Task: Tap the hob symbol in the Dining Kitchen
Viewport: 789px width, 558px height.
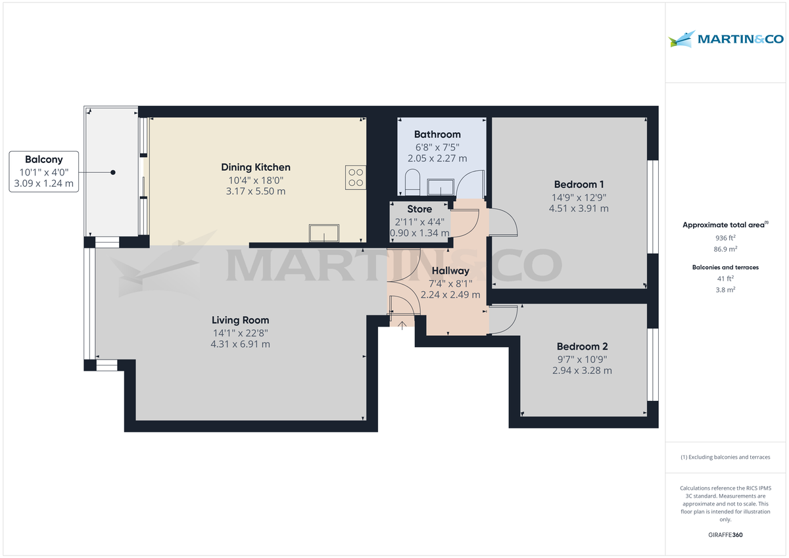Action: tap(356, 175)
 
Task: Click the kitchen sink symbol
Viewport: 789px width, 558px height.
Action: tap(324, 233)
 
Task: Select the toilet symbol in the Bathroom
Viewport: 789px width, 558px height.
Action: tap(412, 182)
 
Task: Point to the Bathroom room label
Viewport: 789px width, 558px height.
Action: tap(437, 135)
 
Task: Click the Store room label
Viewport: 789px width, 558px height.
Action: tap(419, 209)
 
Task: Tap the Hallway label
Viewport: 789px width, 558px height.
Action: tap(450, 271)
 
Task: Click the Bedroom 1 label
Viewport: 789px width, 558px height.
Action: tap(579, 185)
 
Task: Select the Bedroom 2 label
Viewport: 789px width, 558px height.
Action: tap(583, 346)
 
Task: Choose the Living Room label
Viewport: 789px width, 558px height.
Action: tap(240, 320)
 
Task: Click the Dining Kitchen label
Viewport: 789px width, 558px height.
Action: tap(256, 168)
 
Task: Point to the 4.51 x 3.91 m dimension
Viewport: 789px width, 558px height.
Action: tap(579, 208)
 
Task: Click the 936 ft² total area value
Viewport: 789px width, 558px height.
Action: tap(725, 237)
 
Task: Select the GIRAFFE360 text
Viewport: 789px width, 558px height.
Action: tap(725, 535)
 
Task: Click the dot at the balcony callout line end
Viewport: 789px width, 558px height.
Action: tap(113, 172)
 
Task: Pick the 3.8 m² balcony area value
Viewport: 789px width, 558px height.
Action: tap(725, 289)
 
